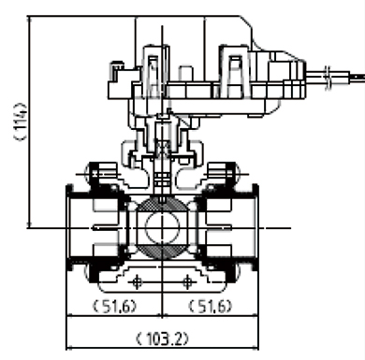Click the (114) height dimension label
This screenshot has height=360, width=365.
[21, 122]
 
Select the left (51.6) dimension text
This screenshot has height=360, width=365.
[115, 306]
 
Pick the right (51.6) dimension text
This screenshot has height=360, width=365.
[211, 306]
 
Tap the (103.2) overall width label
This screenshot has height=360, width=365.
[163, 338]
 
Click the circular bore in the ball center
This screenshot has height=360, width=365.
[162, 228]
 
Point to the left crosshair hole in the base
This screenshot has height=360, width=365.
[137, 282]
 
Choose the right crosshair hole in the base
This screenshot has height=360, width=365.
[187, 282]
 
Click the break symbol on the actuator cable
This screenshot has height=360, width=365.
[328, 78]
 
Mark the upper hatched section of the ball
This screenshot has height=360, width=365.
[162, 204]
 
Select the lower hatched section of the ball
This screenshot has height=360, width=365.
[162, 251]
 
